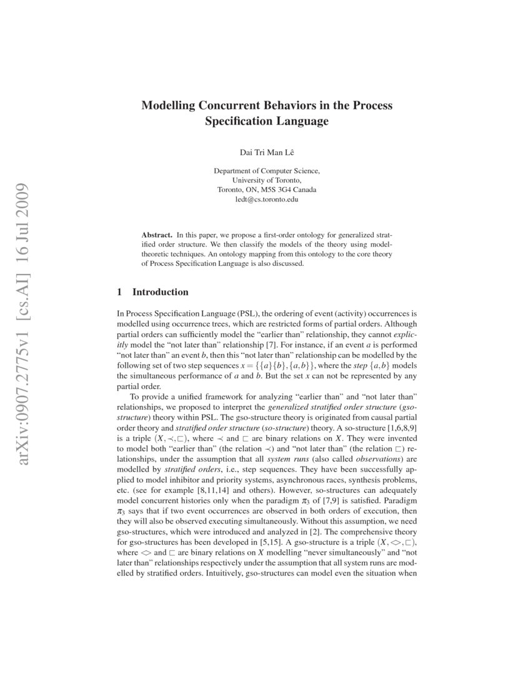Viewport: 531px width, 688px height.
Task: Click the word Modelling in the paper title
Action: (x=168, y=106)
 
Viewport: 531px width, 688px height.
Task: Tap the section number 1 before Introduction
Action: (x=120, y=292)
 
